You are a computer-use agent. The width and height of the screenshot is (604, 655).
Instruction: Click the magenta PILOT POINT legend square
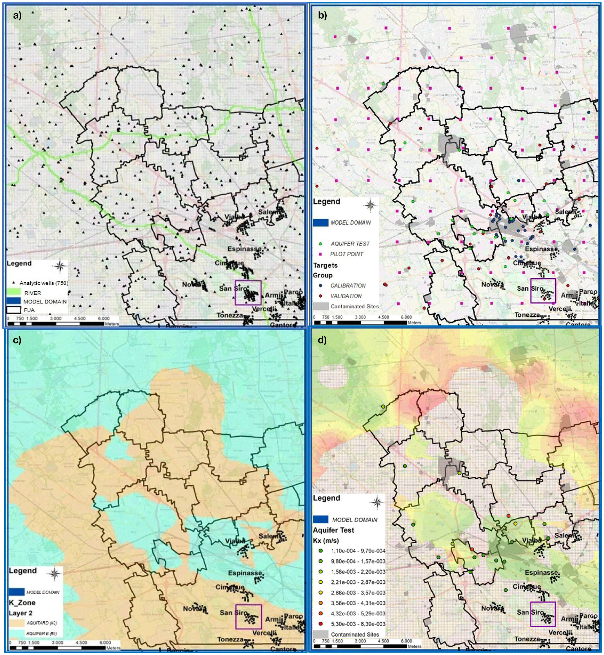(321, 254)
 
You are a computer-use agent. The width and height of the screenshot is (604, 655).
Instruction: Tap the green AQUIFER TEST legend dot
(321, 244)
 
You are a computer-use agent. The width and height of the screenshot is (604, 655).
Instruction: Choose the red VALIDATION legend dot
(321, 296)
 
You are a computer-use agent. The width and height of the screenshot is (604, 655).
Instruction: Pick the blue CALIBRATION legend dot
(321, 285)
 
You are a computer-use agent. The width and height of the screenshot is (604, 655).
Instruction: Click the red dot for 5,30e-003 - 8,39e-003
(321, 624)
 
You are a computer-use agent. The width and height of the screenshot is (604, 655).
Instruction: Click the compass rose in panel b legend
(370, 205)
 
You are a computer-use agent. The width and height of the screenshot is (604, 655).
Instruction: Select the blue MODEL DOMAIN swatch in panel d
(320, 520)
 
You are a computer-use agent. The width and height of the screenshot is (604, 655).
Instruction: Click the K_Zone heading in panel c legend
(22, 602)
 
